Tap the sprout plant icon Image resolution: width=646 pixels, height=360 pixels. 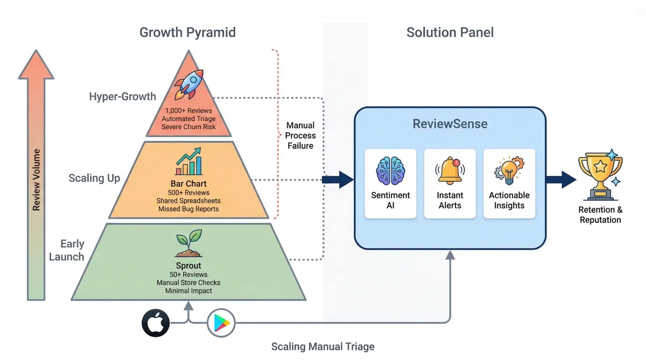click(188, 243)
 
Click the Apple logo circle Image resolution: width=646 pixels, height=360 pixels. click(156, 323)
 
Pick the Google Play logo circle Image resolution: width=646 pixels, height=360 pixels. click(221, 323)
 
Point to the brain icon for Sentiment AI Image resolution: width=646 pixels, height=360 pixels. click(390, 171)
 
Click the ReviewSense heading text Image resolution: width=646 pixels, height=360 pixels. click(450, 124)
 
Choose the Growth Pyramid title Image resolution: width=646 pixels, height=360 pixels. click(187, 32)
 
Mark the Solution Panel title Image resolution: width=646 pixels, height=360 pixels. click(450, 32)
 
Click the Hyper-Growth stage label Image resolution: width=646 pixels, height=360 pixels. click(123, 97)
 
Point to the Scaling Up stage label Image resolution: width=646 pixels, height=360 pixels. click(94, 178)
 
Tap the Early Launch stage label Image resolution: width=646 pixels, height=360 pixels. click(67, 250)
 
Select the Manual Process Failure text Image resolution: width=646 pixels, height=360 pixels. click(300, 136)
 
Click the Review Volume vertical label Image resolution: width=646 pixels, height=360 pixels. click(37, 180)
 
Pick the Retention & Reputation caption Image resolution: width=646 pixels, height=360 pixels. click(600, 215)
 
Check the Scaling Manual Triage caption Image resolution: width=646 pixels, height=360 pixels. click(322, 347)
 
